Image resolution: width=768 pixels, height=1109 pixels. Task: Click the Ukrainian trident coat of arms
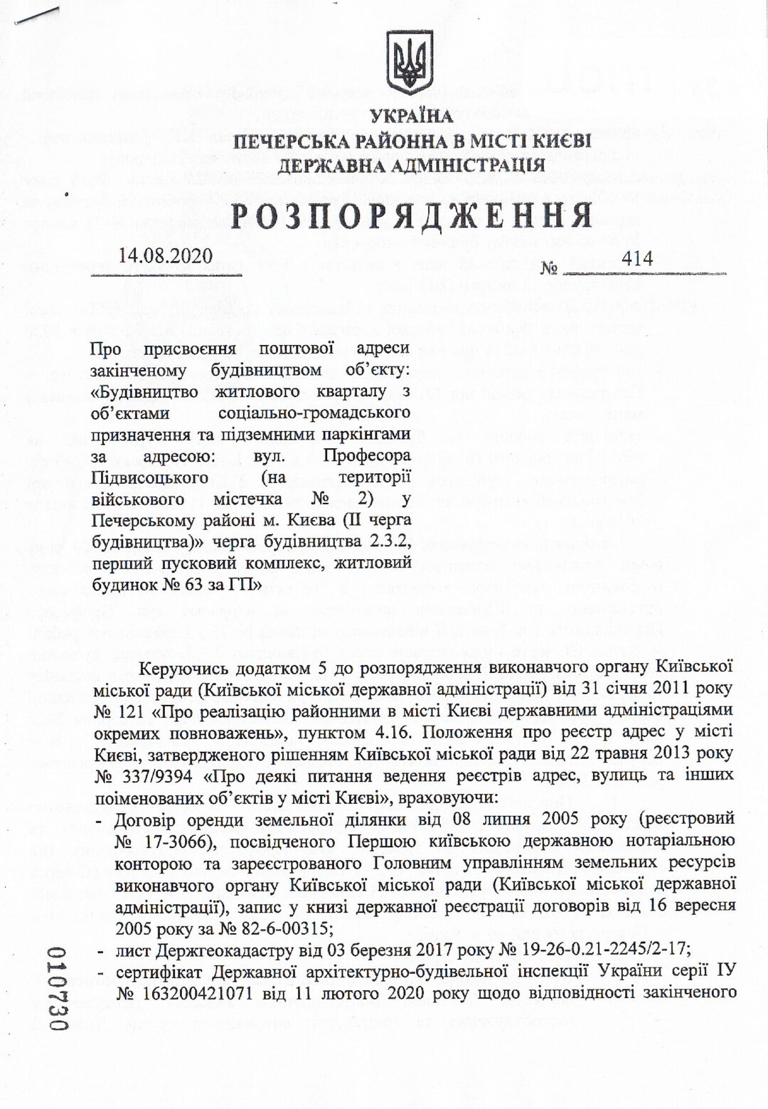pos(410,62)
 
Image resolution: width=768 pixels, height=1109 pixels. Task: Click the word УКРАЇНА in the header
pos(411,116)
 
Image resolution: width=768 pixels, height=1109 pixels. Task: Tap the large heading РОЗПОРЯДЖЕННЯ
pos(412,216)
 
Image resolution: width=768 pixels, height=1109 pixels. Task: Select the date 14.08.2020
pos(166,256)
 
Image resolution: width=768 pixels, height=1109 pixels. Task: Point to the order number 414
pos(636,258)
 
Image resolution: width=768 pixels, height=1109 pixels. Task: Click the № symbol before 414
pos(548,268)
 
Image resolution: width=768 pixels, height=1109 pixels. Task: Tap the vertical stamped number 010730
pos(56,988)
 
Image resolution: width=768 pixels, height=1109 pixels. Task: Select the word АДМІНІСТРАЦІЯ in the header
pos(464,166)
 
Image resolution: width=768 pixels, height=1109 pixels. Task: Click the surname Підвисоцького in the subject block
pos(149,477)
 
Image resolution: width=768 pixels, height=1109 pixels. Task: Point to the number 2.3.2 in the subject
pos(390,541)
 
